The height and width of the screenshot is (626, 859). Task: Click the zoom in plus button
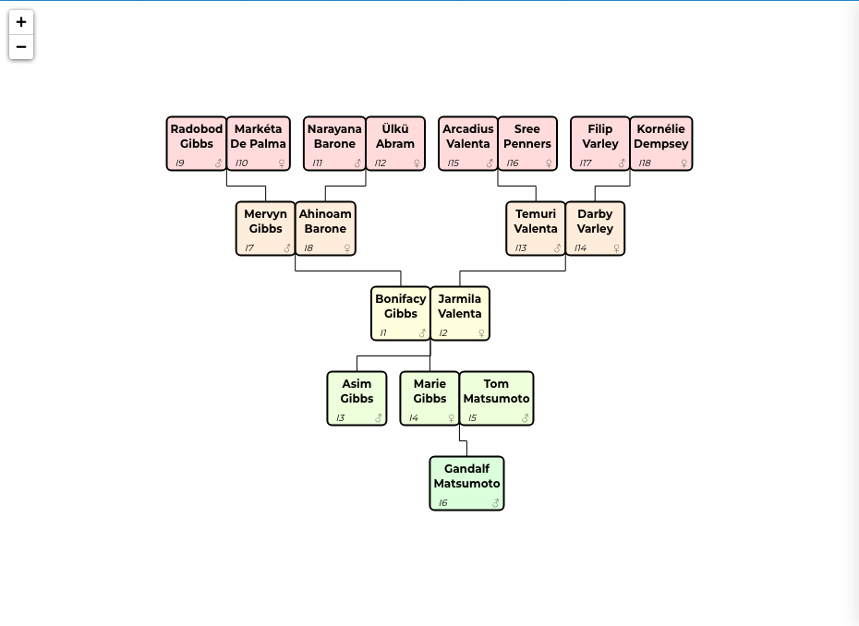click(21, 22)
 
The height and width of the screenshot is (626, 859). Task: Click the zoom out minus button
click(21, 46)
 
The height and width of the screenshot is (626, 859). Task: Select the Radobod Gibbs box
click(197, 143)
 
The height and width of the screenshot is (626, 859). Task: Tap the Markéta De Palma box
click(258, 143)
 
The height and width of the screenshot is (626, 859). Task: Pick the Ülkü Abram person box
click(395, 143)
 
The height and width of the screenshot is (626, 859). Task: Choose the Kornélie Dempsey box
click(660, 143)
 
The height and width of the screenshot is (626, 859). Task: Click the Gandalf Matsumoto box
click(466, 483)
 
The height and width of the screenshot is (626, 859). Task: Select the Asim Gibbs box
click(357, 398)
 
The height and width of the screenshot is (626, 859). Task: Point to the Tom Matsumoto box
click(496, 398)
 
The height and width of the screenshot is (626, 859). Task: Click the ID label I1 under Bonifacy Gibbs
click(383, 333)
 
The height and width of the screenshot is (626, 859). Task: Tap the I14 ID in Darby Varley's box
click(580, 248)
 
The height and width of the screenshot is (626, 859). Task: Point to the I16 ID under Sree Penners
click(513, 163)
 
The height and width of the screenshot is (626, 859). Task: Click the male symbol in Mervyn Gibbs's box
click(287, 248)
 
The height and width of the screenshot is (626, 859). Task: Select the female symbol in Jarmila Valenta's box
click(481, 333)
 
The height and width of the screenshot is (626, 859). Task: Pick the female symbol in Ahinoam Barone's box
click(346, 248)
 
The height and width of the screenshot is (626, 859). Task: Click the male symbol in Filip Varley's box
click(622, 163)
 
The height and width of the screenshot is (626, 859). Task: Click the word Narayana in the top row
click(334, 129)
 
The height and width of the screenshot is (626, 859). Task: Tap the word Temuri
click(536, 213)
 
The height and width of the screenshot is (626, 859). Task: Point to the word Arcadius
click(468, 128)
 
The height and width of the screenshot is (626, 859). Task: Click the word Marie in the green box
click(430, 383)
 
